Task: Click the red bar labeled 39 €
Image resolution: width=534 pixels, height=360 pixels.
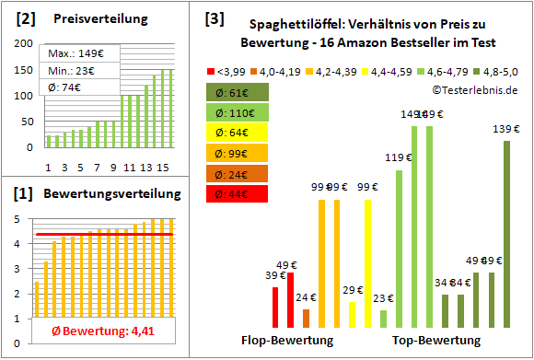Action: (x=275, y=307)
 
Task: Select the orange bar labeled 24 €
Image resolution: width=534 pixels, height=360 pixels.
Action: (x=306, y=318)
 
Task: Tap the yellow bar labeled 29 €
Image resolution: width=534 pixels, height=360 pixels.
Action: (x=352, y=314)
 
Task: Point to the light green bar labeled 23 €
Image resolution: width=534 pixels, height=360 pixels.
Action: (x=383, y=318)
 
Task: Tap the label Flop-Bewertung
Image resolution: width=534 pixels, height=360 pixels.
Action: (x=286, y=341)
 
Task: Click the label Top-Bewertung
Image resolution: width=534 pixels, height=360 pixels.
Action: (x=435, y=341)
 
